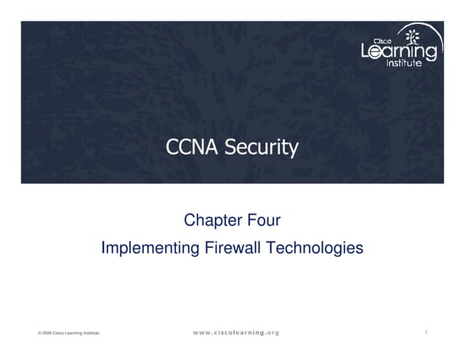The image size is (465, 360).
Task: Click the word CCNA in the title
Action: pyautogui.click(x=182, y=148)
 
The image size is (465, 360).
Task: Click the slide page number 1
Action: pyautogui.click(x=426, y=332)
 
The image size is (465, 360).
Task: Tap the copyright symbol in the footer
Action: pyautogui.click(x=39, y=333)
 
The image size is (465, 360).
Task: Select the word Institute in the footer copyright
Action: pyautogui.click(x=91, y=333)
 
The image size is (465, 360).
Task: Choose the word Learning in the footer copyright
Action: pyautogui.click(x=73, y=333)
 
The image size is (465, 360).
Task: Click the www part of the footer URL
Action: pyautogui.click(x=202, y=332)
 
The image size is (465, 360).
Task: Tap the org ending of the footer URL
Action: pyautogui.click(x=272, y=332)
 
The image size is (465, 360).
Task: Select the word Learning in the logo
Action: pyautogui.click(x=399, y=52)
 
